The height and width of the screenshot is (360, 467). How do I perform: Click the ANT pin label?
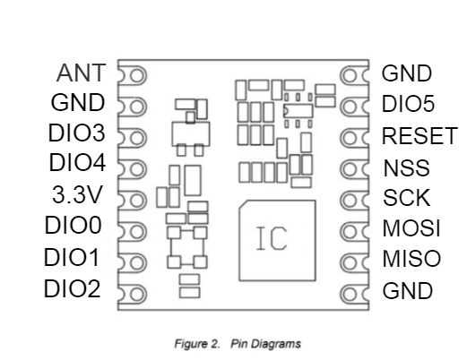[x=81, y=73]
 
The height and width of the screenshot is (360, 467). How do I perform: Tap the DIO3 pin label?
[x=77, y=133]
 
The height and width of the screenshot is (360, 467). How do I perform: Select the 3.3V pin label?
[x=77, y=194]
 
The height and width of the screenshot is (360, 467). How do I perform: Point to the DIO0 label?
[x=74, y=225]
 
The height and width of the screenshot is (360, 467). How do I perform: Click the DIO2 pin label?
[x=72, y=288]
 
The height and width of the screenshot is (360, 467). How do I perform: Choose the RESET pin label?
[x=419, y=136]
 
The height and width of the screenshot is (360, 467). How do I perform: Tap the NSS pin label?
[x=406, y=167]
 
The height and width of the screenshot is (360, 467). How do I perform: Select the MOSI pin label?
[x=411, y=228]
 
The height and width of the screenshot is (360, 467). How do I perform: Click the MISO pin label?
[x=411, y=259]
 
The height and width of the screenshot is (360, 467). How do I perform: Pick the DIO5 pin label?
[x=408, y=104]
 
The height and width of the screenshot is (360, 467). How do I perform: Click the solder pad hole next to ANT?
[x=137, y=75]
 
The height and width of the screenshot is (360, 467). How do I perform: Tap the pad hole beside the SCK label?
[x=350, y=201]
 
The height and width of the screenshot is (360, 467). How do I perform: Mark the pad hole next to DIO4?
[x=137, y=169]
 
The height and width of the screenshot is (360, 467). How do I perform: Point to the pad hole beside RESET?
[x=350, y=138]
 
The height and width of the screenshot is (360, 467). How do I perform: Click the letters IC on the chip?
[x=272, y=238]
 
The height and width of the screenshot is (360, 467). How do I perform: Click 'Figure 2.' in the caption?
[x=197, y=344]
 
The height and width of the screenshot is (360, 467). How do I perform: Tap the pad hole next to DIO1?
[x=137, y=263]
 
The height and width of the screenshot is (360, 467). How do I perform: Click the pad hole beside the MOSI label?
[x=350, y=232]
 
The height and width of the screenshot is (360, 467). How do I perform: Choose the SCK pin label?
[x=407, y=198]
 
